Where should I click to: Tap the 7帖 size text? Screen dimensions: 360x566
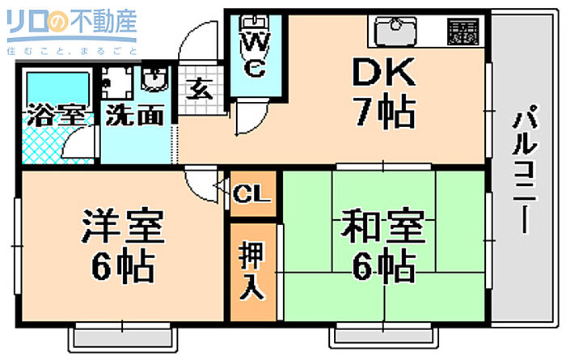(383, 112)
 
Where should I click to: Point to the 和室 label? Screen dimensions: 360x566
(383, 228)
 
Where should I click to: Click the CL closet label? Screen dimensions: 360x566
(253, 194)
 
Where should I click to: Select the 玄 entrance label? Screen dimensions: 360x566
(200, 87)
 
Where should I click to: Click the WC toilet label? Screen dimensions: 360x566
(255, 53)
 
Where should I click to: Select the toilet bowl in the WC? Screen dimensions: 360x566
(256, 22)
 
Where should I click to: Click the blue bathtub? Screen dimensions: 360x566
(57, 87)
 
